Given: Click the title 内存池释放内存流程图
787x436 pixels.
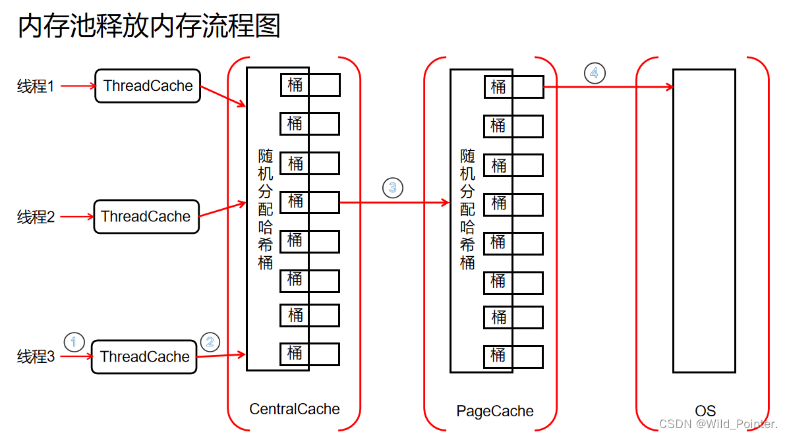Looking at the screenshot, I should pos(149,26).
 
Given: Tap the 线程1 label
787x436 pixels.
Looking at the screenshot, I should pos(36,86).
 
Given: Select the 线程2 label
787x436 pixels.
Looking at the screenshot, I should pos(36,217).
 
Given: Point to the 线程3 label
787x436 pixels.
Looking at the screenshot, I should pos(36,357).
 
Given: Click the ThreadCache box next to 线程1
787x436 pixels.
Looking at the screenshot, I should pos(148,86).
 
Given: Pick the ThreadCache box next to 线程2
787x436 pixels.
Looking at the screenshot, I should pos(146,217).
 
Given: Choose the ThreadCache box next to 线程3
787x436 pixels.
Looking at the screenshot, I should pos(144,357).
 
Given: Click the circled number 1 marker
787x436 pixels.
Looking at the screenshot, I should pos(74,342).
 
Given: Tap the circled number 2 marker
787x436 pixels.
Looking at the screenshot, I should pos(210,342).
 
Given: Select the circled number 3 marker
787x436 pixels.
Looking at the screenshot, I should pos(392,188).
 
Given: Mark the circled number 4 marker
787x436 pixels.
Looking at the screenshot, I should pos(594,72).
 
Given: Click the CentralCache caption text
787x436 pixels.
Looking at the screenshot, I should pos(295,409).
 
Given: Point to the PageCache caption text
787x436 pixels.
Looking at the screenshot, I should pos(495,412).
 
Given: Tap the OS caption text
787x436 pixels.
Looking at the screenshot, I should pos(705,412).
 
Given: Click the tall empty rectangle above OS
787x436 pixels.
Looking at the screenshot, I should pos(704,221).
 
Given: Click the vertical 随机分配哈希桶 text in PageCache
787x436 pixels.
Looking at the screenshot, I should pos(467,209).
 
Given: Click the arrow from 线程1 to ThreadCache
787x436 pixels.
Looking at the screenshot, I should pos(78,86).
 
